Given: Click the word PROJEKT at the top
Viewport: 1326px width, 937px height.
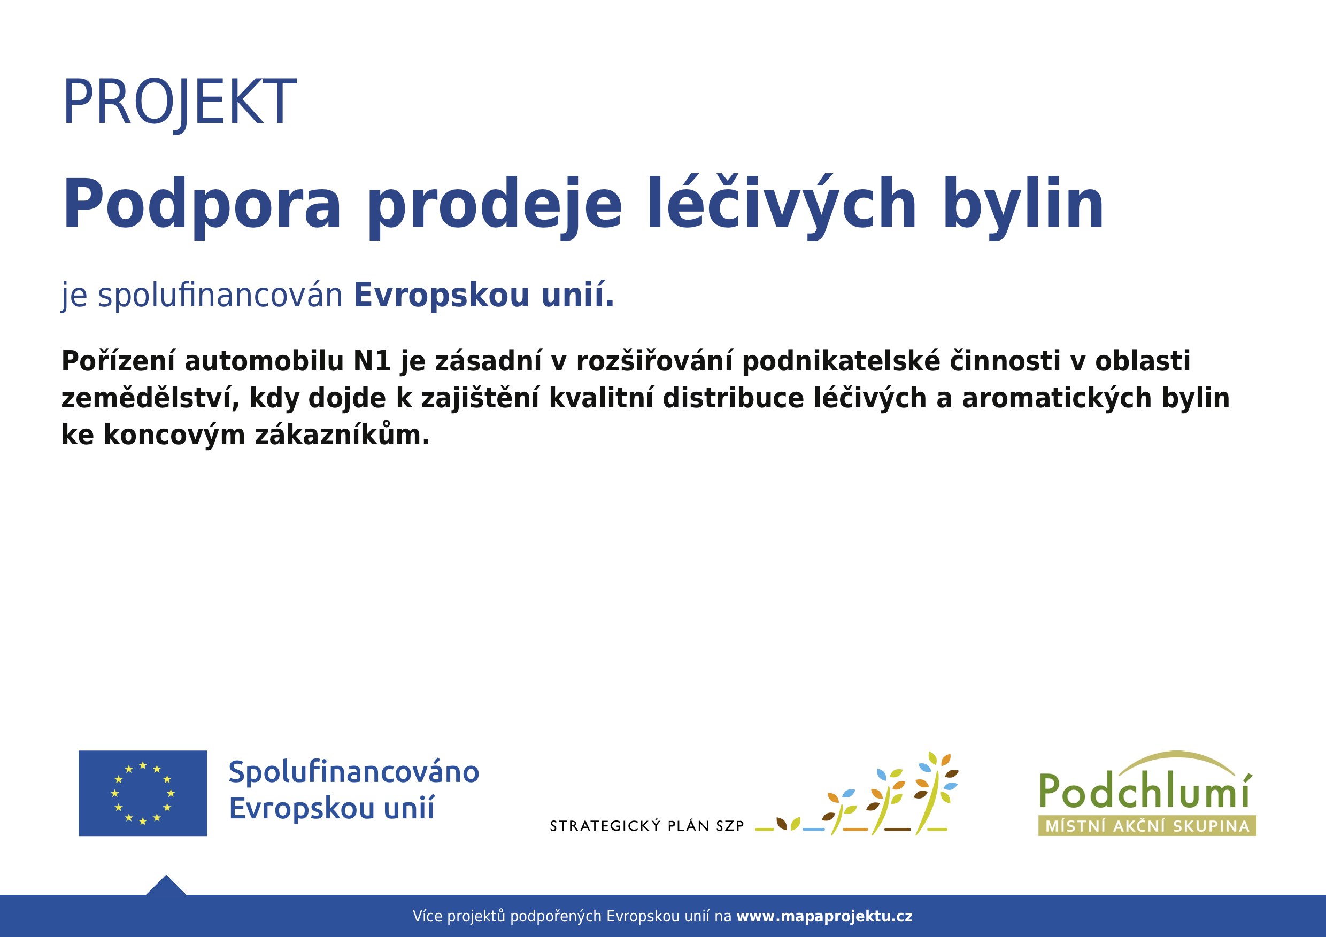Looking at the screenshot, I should point(179,102).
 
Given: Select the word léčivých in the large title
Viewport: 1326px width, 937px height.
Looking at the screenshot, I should point(781,205).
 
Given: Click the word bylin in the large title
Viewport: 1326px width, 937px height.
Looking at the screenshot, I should point(1023,205).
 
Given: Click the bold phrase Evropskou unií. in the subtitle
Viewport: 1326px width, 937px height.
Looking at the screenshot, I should point(483,295).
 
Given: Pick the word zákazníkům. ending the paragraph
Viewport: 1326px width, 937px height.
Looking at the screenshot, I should point(343,435).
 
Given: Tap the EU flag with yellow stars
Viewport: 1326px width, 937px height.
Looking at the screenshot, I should point(143,793).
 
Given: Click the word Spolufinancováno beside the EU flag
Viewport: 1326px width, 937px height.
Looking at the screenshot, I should point(353,772).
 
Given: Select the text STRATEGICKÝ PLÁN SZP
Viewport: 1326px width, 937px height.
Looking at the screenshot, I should point(647,827).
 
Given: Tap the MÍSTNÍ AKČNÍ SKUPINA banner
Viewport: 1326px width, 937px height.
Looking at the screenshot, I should point(1147,826).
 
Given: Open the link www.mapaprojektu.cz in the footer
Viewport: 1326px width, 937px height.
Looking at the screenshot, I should point(824,916).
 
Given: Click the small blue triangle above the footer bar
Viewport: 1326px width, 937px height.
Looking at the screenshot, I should point(166,886).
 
